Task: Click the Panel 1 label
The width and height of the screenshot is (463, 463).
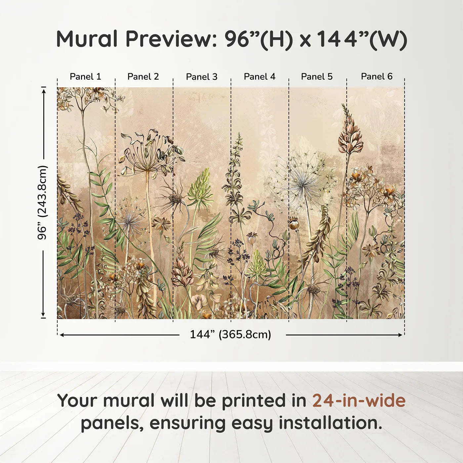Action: coord(85,76)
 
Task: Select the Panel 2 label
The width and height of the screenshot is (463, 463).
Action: coord(143,76)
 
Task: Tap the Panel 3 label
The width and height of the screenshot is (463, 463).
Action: coord(201,77)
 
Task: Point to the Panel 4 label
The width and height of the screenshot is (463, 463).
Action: coord(259,76)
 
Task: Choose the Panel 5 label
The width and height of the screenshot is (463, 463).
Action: coord(316,76)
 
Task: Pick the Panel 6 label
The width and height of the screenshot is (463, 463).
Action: coord(376,76)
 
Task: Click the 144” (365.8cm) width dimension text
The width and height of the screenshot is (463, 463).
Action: coord(230,334)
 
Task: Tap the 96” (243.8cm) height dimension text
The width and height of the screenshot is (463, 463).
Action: coord(42,202)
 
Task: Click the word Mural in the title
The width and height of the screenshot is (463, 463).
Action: coord(87,39)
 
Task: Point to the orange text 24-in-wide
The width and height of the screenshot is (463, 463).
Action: coord(359,400)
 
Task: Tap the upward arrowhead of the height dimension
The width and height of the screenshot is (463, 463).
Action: coord(43,90)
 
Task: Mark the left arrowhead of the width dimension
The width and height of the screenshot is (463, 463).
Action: coord(62,335)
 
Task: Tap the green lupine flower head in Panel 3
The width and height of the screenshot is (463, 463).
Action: coord(201,187)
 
